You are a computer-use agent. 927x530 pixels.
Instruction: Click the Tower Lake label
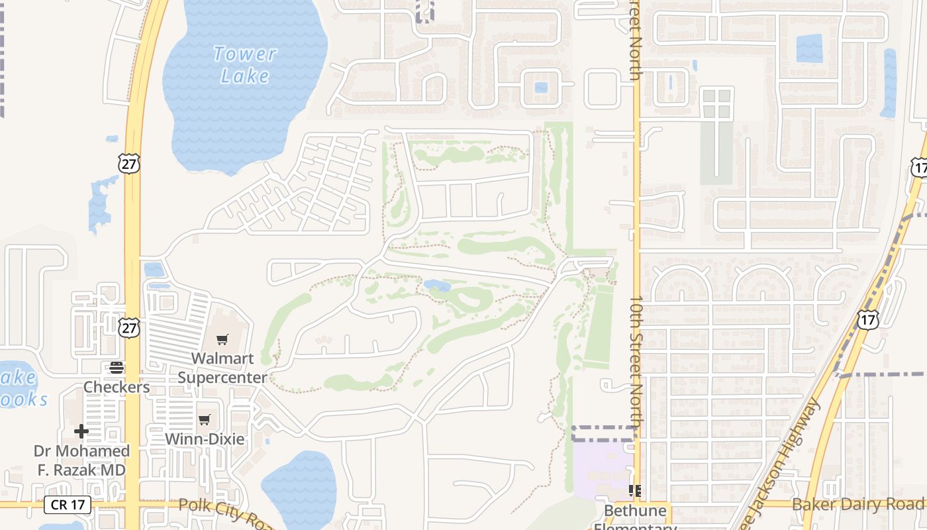coord(244,65)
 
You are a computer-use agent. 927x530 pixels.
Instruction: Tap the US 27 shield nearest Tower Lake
coord(130,163)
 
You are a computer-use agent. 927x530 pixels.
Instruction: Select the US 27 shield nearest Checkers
coord(130,327)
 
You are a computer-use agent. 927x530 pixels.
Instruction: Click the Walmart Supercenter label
coord(222,368)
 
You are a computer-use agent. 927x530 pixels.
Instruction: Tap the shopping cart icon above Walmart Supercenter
coord(222,340)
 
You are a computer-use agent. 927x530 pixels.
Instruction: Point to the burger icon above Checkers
coord(117,367)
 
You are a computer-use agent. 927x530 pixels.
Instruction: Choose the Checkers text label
coord(117,387)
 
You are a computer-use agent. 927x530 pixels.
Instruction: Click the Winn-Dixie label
coord(205,439)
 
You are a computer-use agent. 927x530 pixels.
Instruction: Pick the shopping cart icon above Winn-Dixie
coord(205,419)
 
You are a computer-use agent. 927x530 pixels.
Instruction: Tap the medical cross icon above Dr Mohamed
coord(81,432)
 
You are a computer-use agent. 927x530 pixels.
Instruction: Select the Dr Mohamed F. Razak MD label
coord(81,460)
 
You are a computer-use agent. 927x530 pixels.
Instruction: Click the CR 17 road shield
coord(68,505)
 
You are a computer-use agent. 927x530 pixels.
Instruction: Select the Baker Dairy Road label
coord(859,505)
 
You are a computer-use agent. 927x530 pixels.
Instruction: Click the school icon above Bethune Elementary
coord(635,491)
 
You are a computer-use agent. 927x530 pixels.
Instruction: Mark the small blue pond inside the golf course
coord(437,286)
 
